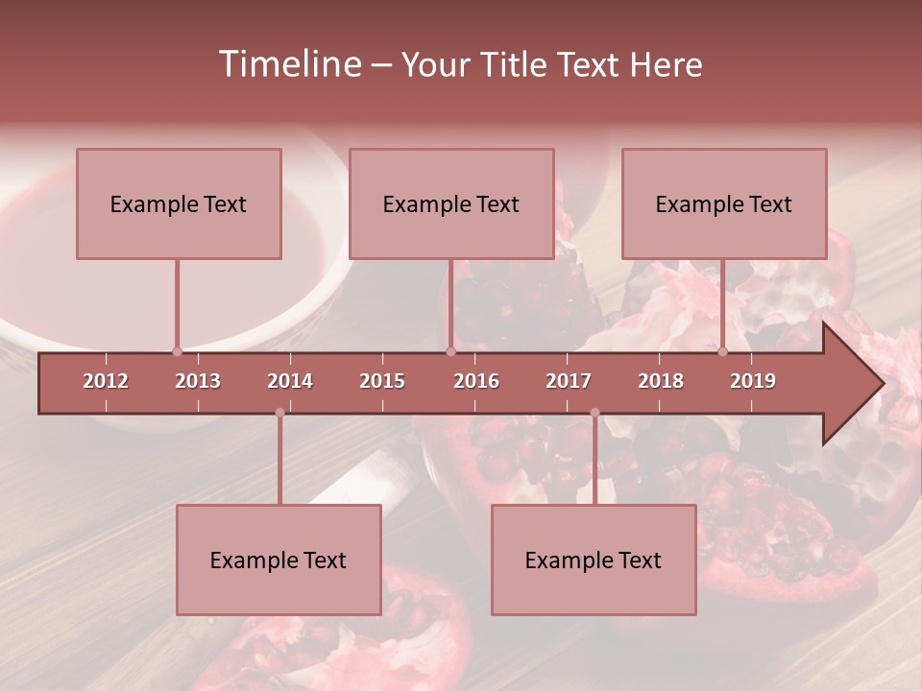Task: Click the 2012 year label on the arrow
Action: (x=106, y=381)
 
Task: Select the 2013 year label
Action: (x=198, y=381)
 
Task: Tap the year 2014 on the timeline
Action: (x=290, y=381)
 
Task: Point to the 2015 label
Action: (x=382, y=381)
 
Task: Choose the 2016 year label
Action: (x=476, y=381)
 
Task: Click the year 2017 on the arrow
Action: (x=569, y=381)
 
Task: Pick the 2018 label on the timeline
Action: (x=661, y=381)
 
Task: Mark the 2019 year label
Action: (x=753, y=381)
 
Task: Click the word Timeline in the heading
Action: (x=288, y=64)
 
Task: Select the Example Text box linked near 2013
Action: (x=179, y=203)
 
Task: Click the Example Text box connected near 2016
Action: (x=451, y=203)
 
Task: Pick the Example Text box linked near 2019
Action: (x=724, y=203)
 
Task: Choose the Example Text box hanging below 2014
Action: (x=279, y=560)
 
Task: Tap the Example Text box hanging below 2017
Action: (x=594, y=560)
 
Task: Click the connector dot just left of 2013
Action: (x=177, y=351)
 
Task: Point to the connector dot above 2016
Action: (x=450, y=351)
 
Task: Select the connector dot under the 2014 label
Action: (x=279, y=413)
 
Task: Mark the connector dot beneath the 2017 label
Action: (x=594, y=413)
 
